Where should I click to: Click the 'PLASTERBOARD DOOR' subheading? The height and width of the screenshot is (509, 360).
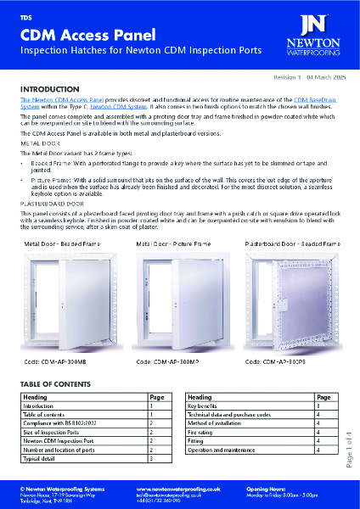pyautogui.click(x=53, y=204)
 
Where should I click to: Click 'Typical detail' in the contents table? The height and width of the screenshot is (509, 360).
pyautogui.click(x=43, y=458)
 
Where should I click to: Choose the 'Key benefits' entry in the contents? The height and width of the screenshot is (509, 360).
pyautogui.click(x=209, y=407)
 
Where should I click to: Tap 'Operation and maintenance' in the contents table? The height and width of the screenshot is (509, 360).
pyautogui.click(x=224, y=450)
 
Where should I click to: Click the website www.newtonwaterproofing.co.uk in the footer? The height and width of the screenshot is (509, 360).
pyautogui.click(x=186, y=489)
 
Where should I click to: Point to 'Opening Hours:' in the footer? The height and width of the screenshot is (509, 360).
pyautogui.click(x=270, y=489)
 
